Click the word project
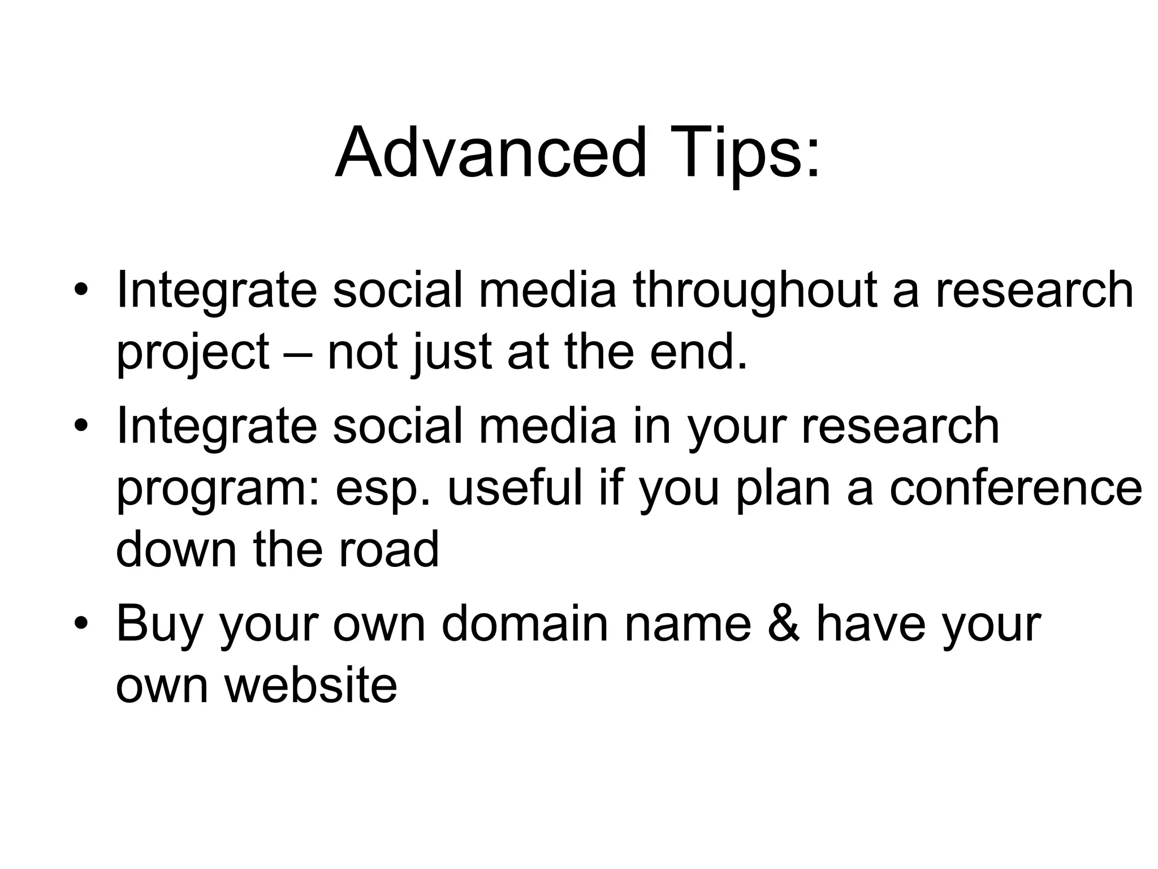point(193,352)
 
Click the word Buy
point(159,625)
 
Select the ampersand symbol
point(784,623)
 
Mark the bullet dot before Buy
point(81,623)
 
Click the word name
point(687,625)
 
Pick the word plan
point(783,489)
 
